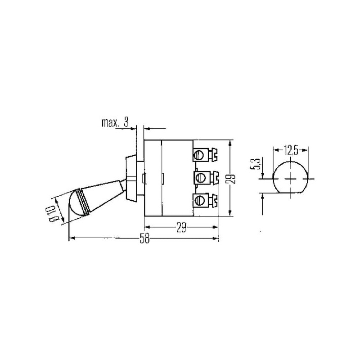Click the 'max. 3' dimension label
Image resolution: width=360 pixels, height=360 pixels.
115,122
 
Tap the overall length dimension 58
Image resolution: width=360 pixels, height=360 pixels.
144,239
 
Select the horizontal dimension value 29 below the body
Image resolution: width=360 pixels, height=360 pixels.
181,228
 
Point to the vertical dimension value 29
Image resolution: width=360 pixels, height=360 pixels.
232,178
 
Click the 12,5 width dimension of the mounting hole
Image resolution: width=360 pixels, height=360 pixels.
290,151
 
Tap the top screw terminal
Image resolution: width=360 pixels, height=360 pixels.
205,154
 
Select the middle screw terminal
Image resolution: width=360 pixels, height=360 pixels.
206,177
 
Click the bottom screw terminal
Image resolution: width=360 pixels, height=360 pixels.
205,200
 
